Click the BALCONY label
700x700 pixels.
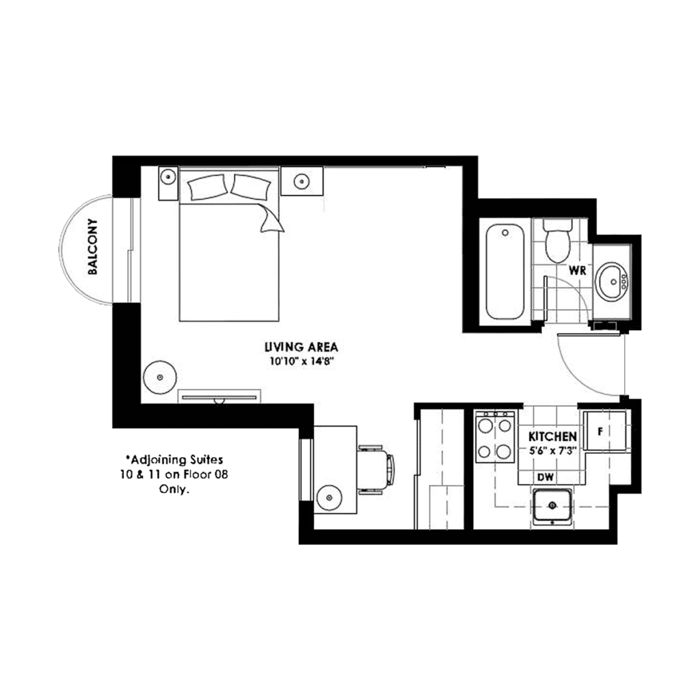pos(94,246)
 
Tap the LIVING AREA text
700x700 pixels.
pos(303,347)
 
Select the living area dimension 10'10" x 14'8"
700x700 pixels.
pos(303,360)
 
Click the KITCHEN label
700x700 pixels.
pos(553,436)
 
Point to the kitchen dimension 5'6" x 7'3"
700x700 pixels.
pos(553,450)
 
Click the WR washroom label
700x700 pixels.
pos(578,271)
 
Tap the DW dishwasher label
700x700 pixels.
pos(546,477)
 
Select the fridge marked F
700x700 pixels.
pos(602,432)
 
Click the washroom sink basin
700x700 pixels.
pos(612,281)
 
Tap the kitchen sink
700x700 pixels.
pos(552,507)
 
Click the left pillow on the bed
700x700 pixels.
pos(206,187)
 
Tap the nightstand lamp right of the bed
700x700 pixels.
pos(300,181)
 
